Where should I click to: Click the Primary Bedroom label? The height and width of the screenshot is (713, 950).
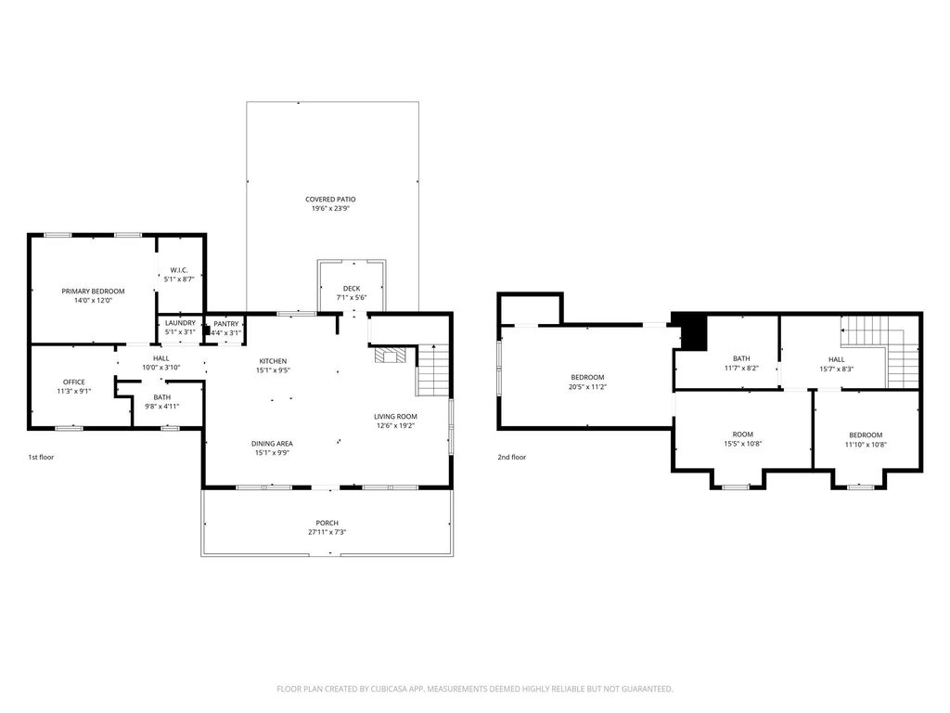pyautogui.click(x=94, y=291)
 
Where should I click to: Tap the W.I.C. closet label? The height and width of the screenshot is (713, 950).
pyautogui.click(x=179, y=270)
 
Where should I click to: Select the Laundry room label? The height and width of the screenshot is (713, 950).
pyautogui.click(x=181, y=323)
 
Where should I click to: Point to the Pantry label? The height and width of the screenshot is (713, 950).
pyautogui.click(x=226, y=324)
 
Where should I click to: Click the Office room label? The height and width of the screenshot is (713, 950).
pyautogui.click(x=74, y=382)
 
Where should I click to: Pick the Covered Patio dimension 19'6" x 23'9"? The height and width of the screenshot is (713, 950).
pyautogui.click(x=330, y=209)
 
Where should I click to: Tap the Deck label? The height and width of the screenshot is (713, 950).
pyautogui.click(x=352, y=289)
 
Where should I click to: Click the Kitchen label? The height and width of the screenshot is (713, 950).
pyautogui.click(x=273, y=361)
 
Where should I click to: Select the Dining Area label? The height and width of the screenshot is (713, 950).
pyautogui.click(x=272, y=444)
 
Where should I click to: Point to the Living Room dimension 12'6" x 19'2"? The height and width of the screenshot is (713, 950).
pyautogui.click(x=395, y=425)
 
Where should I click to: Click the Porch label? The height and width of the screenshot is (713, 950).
pyautogui.click(x=327, y=524)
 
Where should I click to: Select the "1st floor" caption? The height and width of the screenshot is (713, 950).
pyautogui.click(x=41, y=457)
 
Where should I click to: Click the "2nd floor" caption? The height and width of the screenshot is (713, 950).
pyautogui.click(x=512, y=457)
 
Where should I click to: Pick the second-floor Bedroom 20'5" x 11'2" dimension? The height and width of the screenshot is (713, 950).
pyautogui.click(x=587, y=387)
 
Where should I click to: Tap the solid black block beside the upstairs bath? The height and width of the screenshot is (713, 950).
pyautogui.click(x=693, y=331)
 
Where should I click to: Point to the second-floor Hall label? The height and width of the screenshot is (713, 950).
pyautogui.click(x=837, y=359)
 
